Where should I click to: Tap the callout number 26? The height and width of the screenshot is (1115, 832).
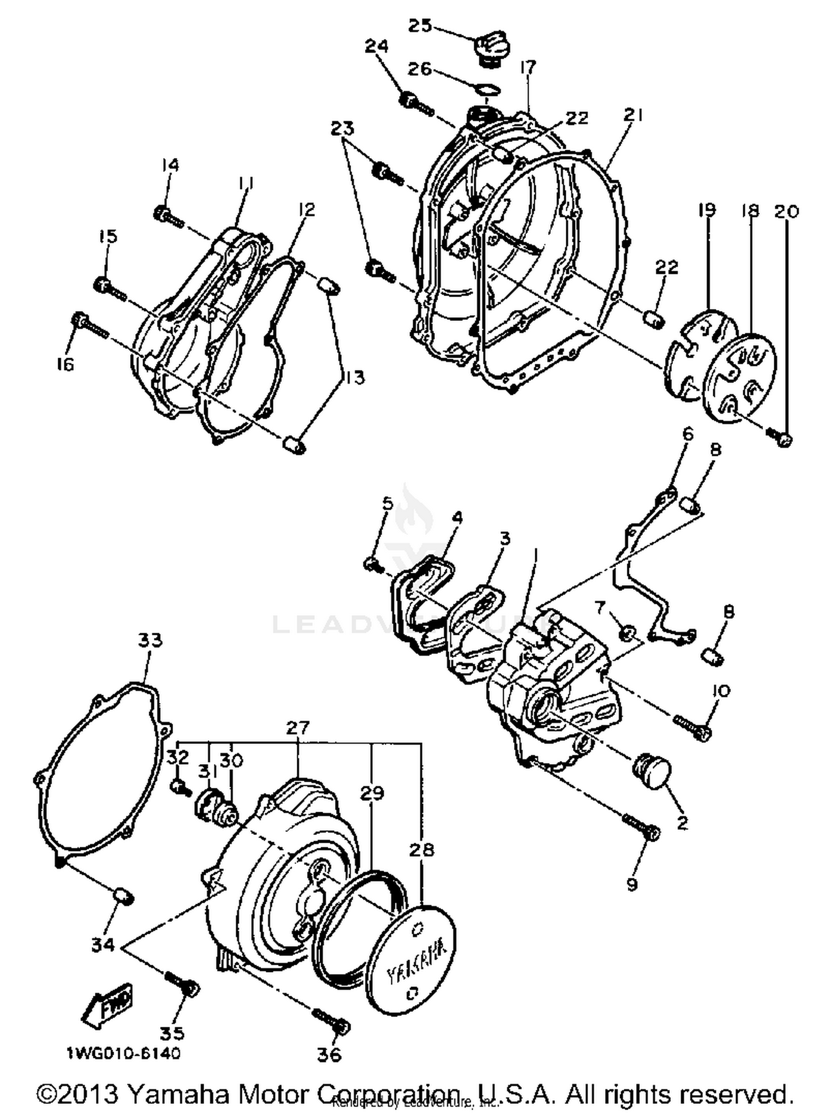click(419, 69)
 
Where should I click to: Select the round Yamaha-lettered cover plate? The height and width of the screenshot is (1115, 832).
click(414, 962)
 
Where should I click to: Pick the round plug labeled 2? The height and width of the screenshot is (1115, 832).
click(652, 771)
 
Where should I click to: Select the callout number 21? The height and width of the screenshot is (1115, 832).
click(632, 115)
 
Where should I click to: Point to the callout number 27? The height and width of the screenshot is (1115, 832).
click(297, 727)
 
